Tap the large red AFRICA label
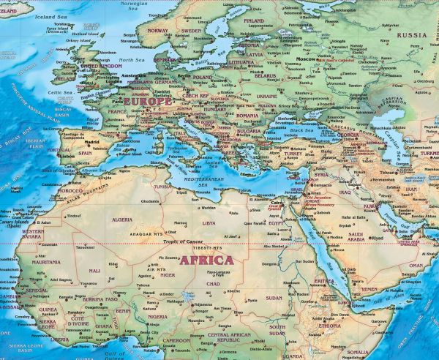[x=207, y=260]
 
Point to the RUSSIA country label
[x=412, y=34]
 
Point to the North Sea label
[x=132, y=60]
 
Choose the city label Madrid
[x=91, y=143]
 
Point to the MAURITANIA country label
[x=46, y=262]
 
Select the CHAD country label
[x=214, y=283]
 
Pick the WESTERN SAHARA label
[x=33, y=233]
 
